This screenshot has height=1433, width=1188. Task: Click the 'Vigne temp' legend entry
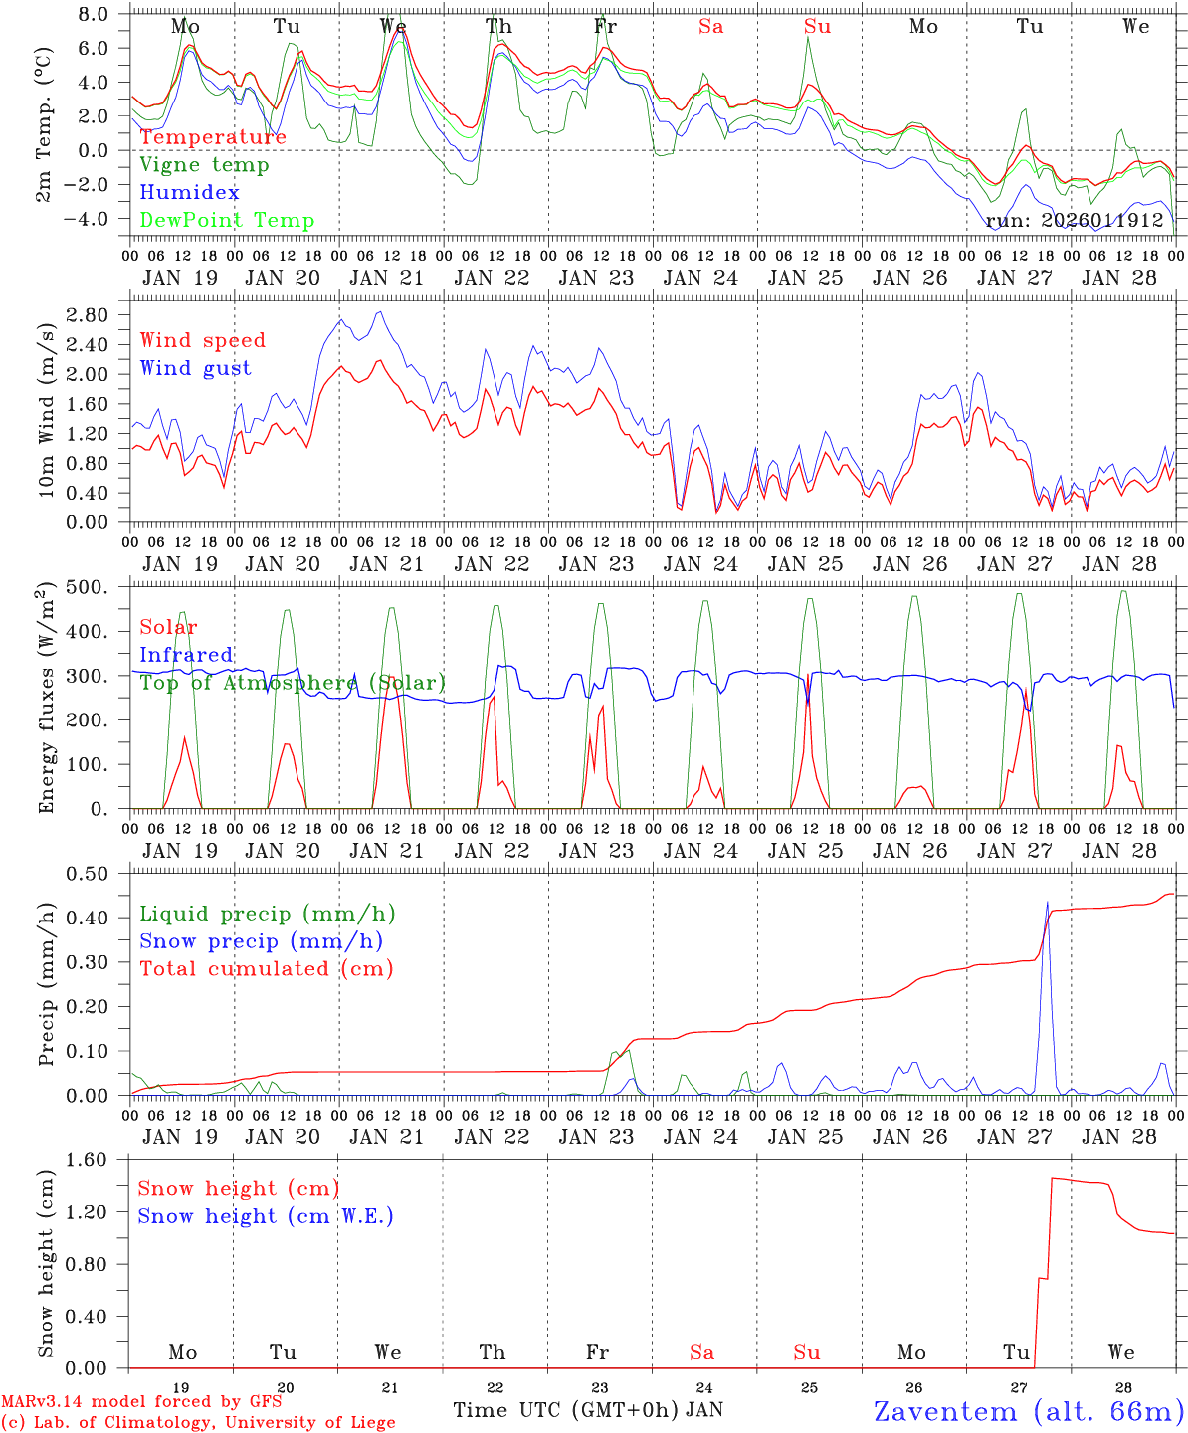(x=204, y=165)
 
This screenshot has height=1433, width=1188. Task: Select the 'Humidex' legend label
(x=189, y=193)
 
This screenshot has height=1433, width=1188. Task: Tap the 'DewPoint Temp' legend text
(x=227, y=221)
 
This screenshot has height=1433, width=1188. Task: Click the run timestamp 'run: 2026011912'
(x=1075, y=220)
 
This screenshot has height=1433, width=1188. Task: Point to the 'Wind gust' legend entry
(x=195, y=368)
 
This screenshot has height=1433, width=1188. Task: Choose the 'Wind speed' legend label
(x=203, y=340)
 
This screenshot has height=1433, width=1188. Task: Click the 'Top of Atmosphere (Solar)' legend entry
(x=293, y=683)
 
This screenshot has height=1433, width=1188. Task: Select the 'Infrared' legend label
(x=186, y=655)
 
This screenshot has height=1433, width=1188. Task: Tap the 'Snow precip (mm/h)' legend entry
(x=261, y=941)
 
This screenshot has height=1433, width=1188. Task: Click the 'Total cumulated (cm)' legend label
(x=267, y=969)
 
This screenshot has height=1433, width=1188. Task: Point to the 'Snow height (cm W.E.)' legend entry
(x=266, y=1216)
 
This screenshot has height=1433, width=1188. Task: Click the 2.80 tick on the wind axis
(x=89, y=315)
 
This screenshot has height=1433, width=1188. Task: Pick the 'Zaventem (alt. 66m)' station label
(x=1029, y=1411)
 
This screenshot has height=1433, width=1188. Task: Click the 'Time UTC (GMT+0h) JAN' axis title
(x=587, y=1410)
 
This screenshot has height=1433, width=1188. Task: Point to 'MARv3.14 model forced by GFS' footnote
(x=141, y=1402)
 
